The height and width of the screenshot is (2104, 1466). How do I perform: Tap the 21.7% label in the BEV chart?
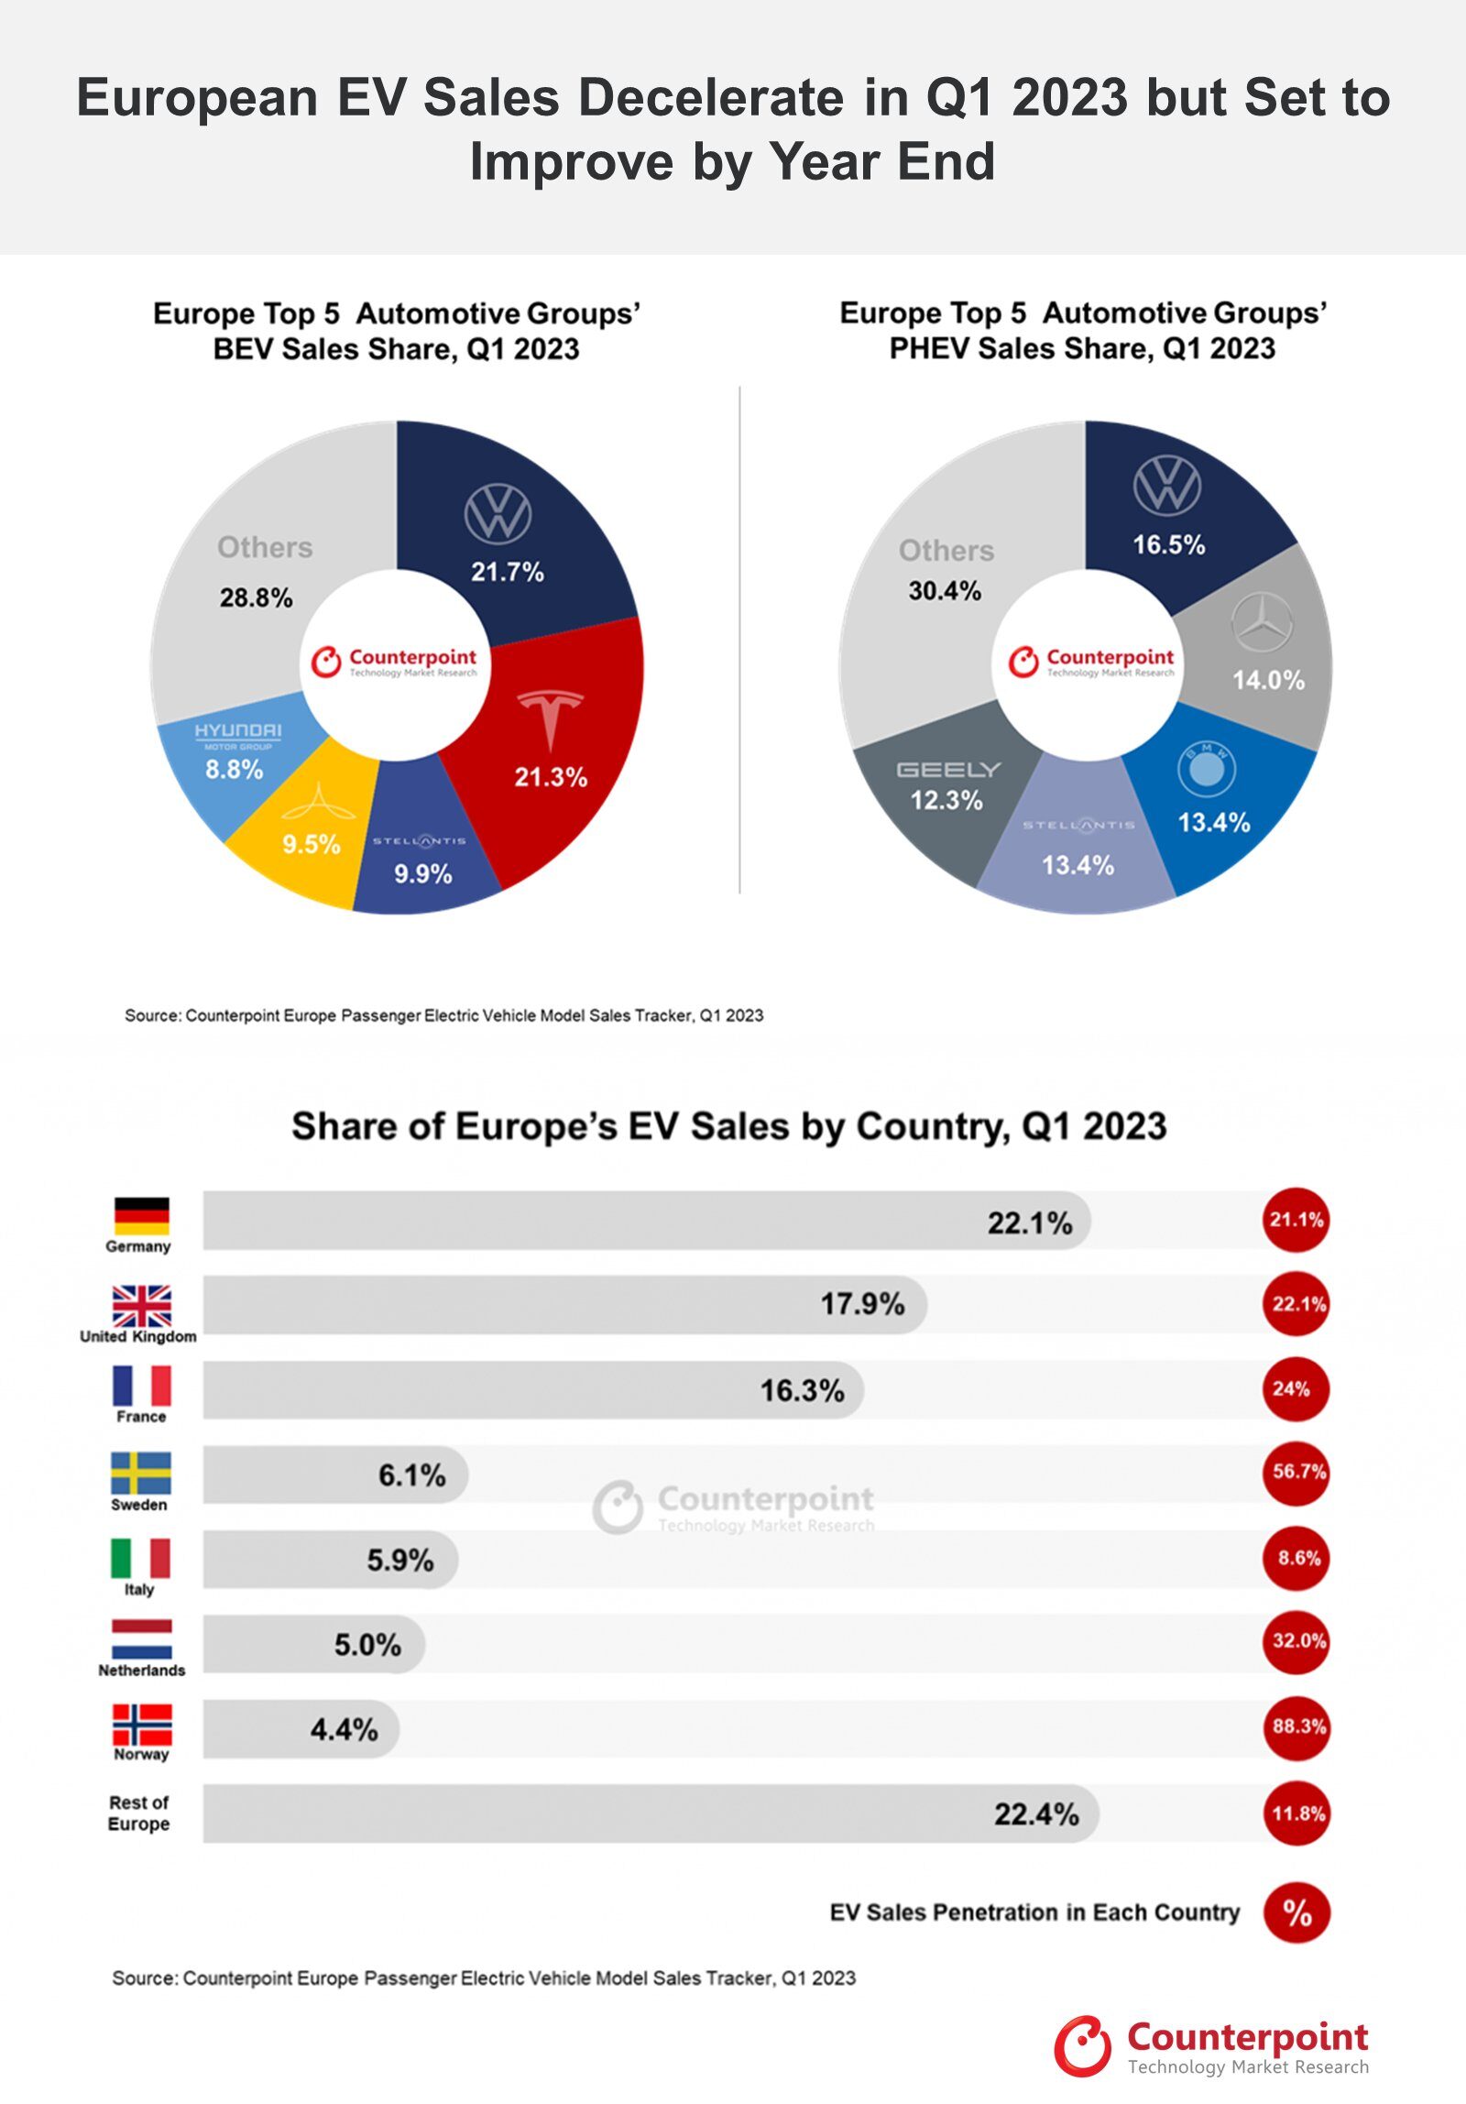point(507,572)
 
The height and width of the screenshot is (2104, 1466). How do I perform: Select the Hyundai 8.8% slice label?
point(235,768)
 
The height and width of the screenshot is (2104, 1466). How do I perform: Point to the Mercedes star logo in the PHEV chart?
point(1262,622)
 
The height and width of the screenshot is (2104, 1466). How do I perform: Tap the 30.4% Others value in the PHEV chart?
point(945,591)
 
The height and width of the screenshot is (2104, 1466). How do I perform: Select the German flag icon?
point(141,1215)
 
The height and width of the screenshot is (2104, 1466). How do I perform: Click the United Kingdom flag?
point(141,1305)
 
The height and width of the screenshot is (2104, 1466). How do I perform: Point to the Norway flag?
point(141,1725)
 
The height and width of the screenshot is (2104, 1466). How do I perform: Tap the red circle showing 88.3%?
point(1296,1726)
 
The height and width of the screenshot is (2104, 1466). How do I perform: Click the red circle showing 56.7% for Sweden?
point(1296,1472)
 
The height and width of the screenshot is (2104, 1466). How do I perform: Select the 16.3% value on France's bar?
point(802,1390)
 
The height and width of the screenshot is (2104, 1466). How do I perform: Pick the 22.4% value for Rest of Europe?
point(1036,1814)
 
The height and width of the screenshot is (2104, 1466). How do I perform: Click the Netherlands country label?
point(141,1671)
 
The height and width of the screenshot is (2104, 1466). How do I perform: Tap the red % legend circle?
point(1296,1912)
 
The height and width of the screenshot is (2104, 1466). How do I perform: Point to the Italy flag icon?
point(140,1558)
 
